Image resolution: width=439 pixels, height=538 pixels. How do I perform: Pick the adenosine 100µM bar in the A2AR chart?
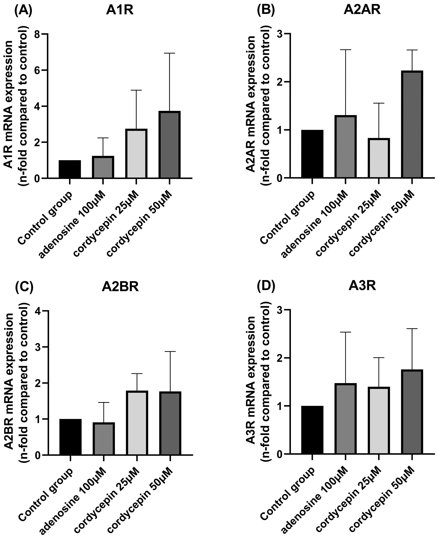[x=345, y=147]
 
